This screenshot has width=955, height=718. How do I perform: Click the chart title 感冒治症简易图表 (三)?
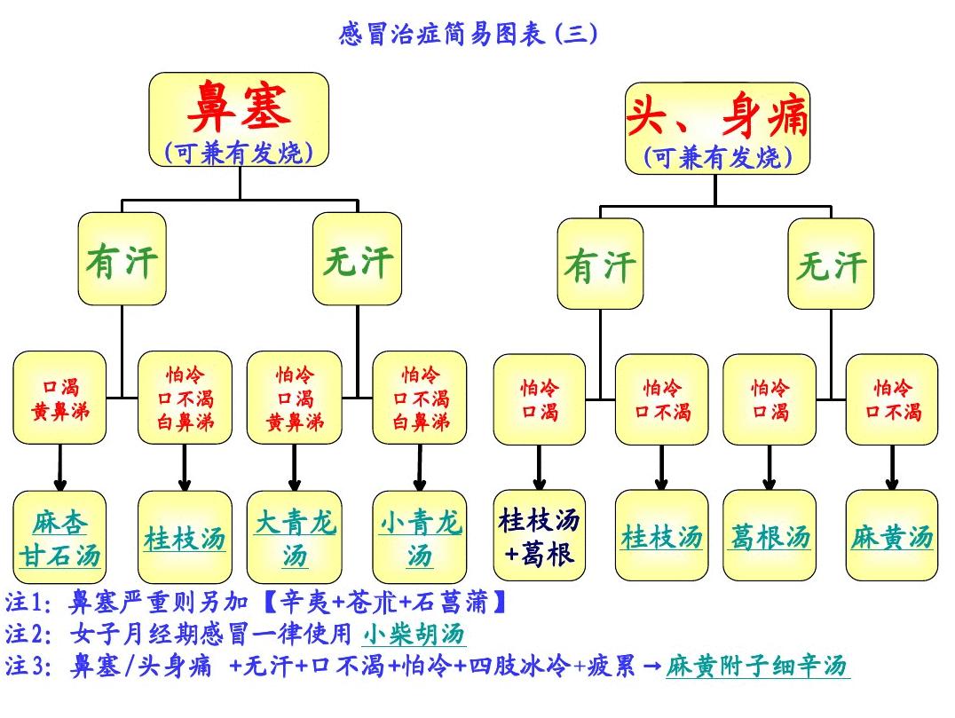pos(468,34)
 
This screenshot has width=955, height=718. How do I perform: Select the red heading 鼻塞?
pos(239,107)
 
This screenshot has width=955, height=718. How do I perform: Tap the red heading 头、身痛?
pos(717,115)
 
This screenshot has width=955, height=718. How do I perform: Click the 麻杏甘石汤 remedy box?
pos(59,537)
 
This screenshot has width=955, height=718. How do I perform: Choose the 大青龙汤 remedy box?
pos(295,537)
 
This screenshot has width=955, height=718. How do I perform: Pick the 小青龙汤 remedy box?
pos(420,537)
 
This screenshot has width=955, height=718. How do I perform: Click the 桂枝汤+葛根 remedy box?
pos(539,535)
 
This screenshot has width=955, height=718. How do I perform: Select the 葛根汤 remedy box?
pos(770,535)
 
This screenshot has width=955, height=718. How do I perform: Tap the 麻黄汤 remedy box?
pos(892,535)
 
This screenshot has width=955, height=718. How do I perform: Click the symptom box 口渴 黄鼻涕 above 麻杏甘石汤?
pos(59,398)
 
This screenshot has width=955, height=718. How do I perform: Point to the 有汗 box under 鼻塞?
pos(122,259)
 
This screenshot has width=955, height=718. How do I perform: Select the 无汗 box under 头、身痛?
pos(831,264)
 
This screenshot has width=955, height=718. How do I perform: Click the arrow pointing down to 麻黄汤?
pos(892,467)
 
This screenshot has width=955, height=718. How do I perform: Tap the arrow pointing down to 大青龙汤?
pos(295,468)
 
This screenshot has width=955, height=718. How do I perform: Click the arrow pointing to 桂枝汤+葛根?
pos(539,467)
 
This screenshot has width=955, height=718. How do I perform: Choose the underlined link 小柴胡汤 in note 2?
pos(414,634)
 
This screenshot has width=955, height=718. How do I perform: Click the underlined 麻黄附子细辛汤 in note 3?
pos(757,666)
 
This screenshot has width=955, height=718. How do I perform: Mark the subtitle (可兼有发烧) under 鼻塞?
pos(239,153)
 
